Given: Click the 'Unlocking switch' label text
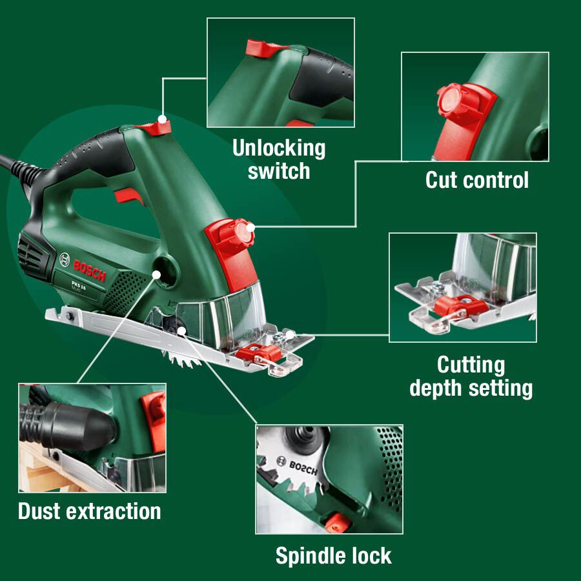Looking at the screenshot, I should click(x=279, y=159).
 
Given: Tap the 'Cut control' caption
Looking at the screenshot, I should click(x=476, y=180).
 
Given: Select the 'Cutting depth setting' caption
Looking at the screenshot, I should click(x=471, y=376).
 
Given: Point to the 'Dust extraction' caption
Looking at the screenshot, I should click(x=89, y=511).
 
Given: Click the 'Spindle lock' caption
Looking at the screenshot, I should click(x=333, y=556).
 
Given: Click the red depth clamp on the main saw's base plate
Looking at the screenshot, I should click(x=258, y=352).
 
